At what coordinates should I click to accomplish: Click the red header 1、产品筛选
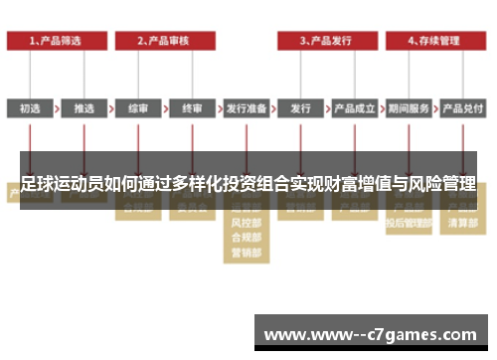pos(56,41)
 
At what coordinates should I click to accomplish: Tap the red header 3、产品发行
pos(327,41)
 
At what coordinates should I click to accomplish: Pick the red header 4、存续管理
pos(434,41)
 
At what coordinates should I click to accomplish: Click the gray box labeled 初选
pos(30,108)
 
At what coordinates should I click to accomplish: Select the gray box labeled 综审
pos(138,108)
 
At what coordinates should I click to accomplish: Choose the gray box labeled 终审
pos(192,108)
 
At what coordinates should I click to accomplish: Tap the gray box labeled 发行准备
pos(246,108)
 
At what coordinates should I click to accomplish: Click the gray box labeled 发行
pos(300,108)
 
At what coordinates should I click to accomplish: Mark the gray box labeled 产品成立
pos(354,108)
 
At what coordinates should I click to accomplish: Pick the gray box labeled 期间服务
pos(409,108)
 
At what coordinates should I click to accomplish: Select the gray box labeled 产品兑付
pos(462,108)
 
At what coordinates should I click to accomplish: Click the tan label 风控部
pos(246,223)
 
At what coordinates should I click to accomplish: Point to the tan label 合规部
pos(246,238)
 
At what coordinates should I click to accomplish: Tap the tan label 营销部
pos(246,253)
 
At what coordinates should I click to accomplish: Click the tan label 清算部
pos(462,223)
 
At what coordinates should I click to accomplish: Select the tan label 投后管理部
pos(409,223)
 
